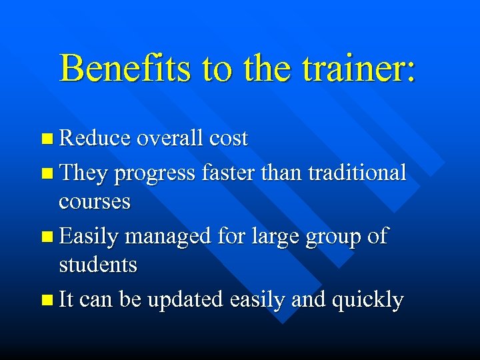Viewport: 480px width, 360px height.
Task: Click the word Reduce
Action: (95, 139)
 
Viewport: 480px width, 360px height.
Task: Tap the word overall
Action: (170, 139)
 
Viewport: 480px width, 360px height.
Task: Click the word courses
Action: (95, 202)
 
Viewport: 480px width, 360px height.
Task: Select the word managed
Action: (170, 237)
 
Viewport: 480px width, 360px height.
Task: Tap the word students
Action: (98, 265)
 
